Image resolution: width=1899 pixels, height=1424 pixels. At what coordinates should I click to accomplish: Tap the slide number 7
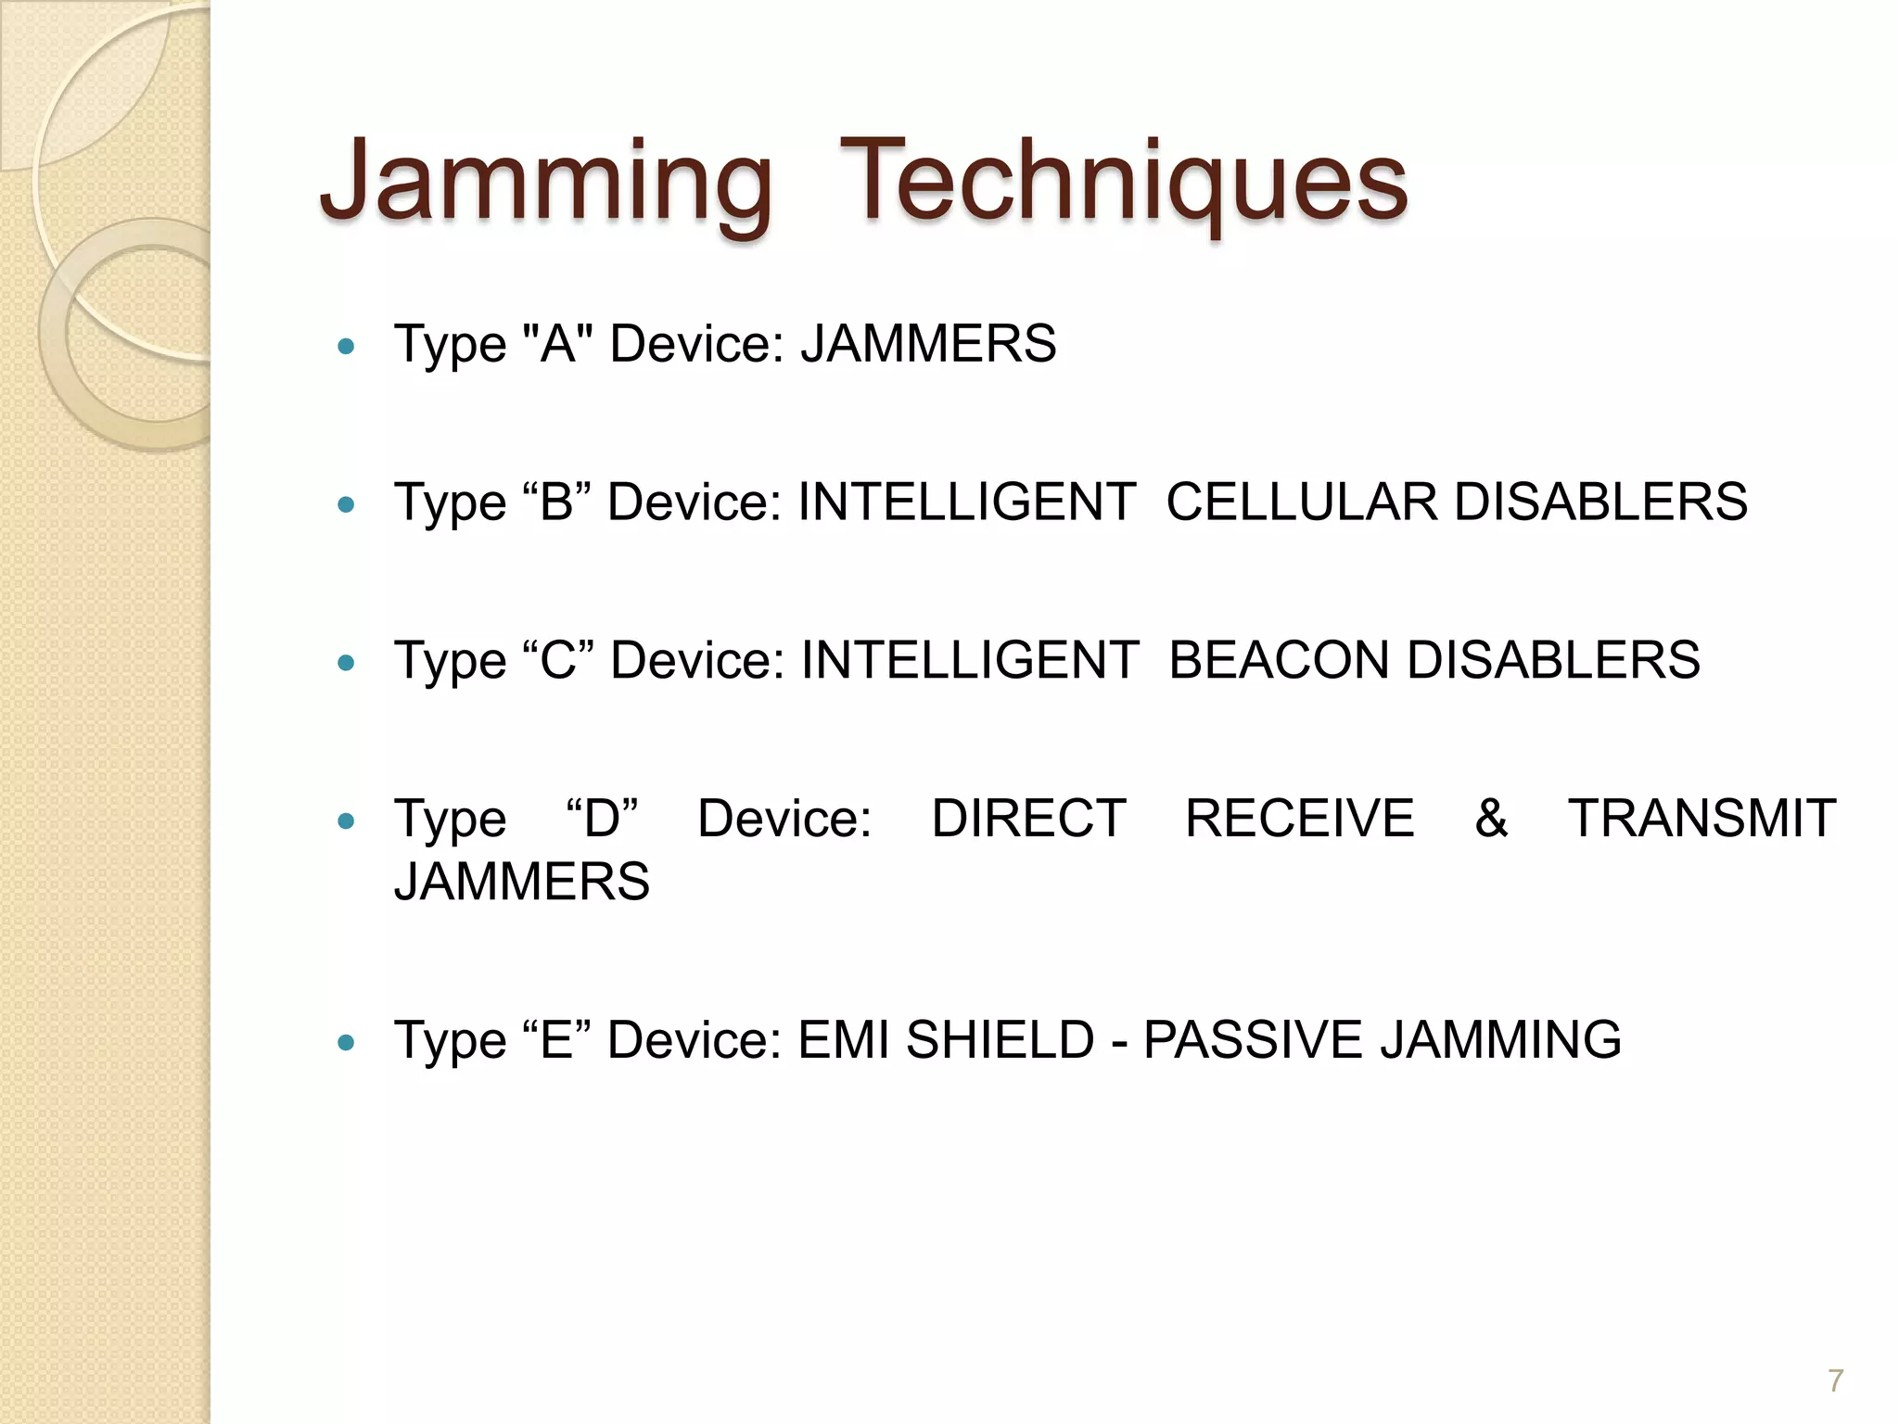click(x=1835, y=1381)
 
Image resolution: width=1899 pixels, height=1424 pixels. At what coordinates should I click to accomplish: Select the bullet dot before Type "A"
click(x=347, y=347)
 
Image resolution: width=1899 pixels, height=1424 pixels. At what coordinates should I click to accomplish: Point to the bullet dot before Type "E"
click(x=347, y=1042)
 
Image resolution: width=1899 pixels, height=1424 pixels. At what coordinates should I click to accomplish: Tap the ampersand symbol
click(x=1491, y=819)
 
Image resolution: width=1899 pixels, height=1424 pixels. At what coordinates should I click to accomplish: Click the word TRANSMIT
click(x=1701, y=819)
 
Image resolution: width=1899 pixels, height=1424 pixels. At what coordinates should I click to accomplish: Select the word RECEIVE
click(x=1299, y=819)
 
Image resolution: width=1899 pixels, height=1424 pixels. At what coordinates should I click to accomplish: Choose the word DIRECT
click(x=1028, y=819)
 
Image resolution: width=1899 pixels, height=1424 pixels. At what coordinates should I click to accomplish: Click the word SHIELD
click(x=1000, y=1040)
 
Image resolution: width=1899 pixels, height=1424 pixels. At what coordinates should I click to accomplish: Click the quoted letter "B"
click(x=556, y=502)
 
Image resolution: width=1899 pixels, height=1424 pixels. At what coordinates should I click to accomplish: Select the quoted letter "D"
click(x=602, y=819)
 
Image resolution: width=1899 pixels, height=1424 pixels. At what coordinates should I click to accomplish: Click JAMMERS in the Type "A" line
click(x=928, y=344)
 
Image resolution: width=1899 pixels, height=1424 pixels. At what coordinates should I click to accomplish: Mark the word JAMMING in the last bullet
click(x=1500, y=1040)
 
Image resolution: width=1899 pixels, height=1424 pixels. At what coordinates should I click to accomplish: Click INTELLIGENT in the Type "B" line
click(x=966, y=502)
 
